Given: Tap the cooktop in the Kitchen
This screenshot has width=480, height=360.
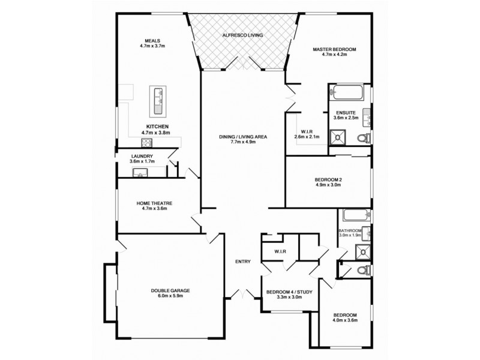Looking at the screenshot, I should tap(146, 143).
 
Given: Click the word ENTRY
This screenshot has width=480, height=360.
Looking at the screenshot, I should tap(243, 261).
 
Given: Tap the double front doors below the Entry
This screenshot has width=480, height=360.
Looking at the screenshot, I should tap(243, 295).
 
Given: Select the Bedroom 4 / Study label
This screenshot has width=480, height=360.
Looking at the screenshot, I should tap(289, 292).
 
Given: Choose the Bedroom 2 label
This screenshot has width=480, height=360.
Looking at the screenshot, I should tap(328, 179).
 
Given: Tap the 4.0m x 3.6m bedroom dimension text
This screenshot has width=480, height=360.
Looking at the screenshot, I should tap(345, 320).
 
